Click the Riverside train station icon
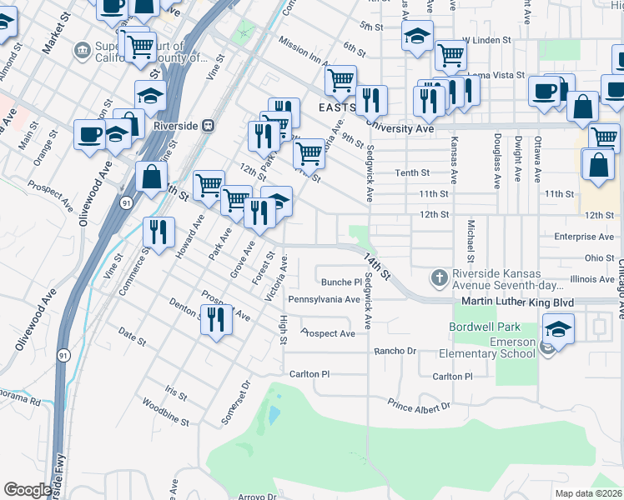pos(209,126)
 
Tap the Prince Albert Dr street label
pos(418,406)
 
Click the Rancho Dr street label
pos(394,352)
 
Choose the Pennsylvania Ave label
pos(323,298)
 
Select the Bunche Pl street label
pos(341,282)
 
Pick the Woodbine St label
pos(157,406)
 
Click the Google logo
pos(28,490)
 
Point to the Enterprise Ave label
pos(584,237)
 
